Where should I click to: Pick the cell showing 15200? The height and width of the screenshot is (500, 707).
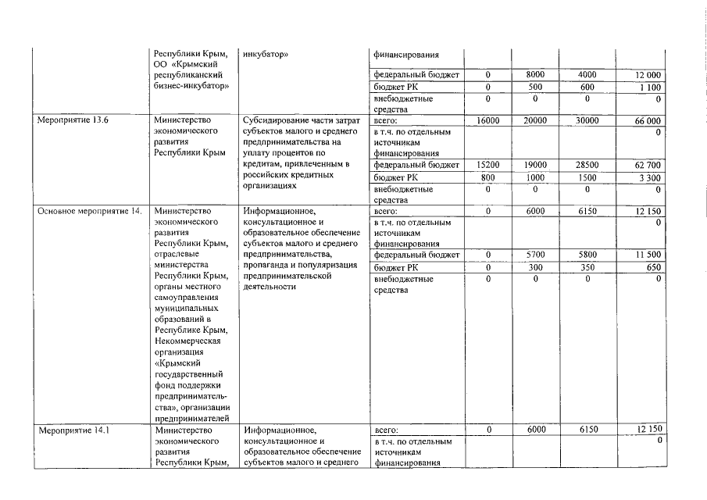pyautogui.click(x=487, y=166)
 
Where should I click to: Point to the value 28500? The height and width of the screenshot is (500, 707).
pyautogui.click(x=587, y=166)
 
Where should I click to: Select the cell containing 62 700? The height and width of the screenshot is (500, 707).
pyautogui.click(x=647, y=166)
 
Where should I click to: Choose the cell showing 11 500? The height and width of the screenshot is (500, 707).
pyautogui.click(x=647, y=255)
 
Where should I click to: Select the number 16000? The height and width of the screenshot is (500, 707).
pyautogui.click(x=487, y=121)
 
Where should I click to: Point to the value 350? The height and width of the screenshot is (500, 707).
pyautogui.click(x=587, y=266)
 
